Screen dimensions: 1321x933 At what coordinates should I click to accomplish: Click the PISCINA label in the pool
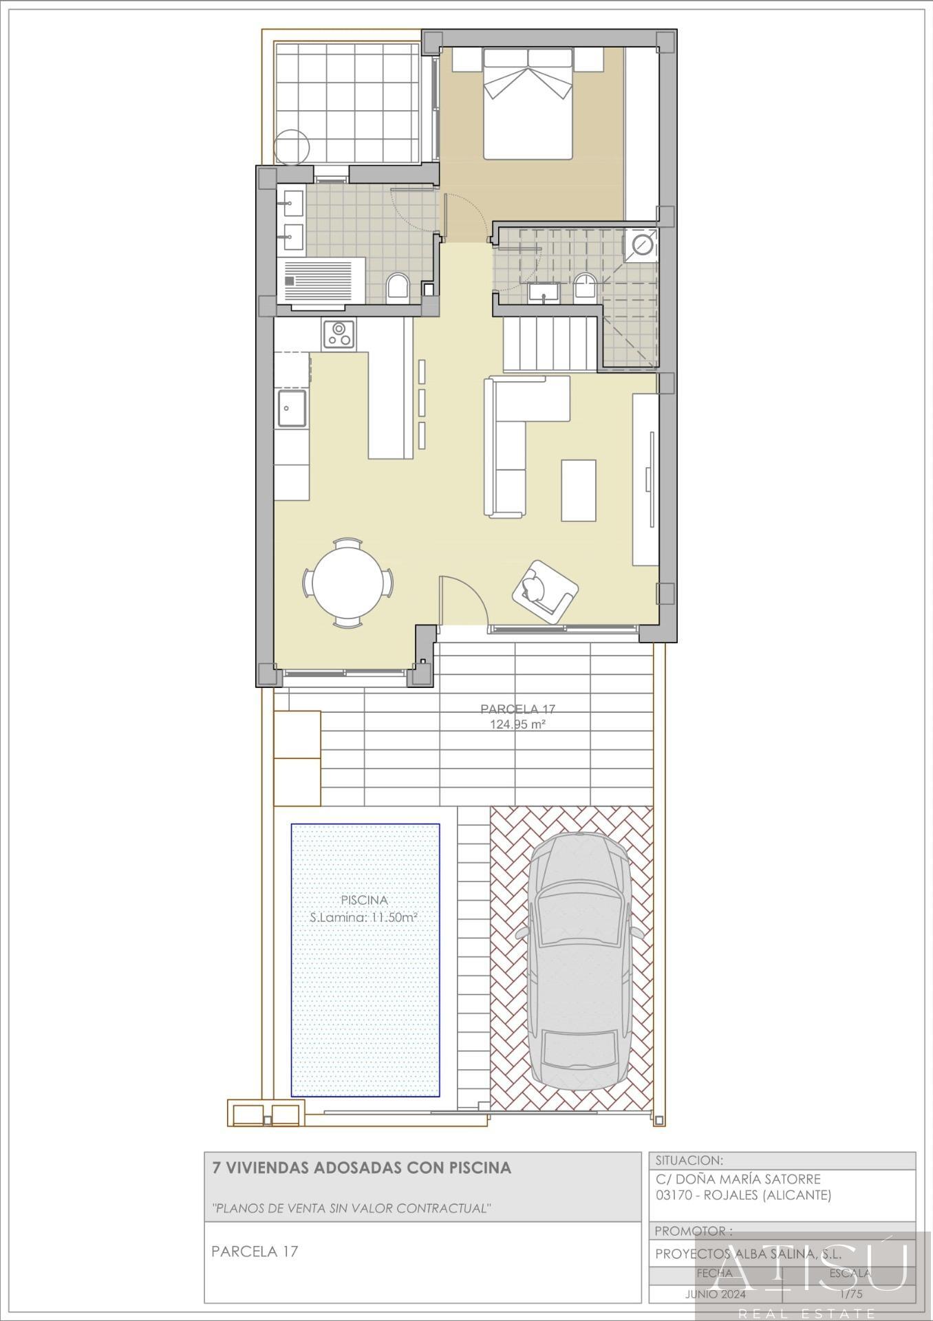pos(365,900)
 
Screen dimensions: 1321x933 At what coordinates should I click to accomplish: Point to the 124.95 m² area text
pos(517,724)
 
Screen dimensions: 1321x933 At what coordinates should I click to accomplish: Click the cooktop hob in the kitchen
pos(339,334)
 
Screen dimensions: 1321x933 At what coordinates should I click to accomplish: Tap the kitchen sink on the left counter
pos(292,409)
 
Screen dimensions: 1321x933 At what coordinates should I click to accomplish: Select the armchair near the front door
pos(544,590)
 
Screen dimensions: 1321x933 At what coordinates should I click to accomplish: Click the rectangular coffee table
pos(578,491)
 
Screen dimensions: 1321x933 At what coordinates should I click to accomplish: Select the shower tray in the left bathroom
pos(323,281)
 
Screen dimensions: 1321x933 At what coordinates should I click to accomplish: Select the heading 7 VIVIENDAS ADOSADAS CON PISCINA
pos(362,1168)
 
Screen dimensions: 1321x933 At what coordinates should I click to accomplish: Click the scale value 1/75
pos(850,1294)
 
